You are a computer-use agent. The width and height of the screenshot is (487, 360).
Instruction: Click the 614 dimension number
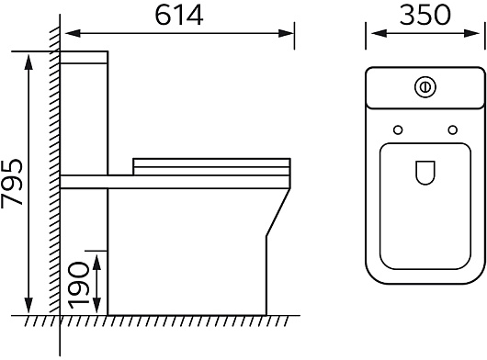click(x=179, y=16)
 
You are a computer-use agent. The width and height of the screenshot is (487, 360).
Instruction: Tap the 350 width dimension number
click(x=425, y=16)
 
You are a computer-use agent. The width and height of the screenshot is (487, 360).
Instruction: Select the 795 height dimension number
click(x=12, y=182)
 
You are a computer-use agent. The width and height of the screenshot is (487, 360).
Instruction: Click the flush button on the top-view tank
click(x=425, y=87)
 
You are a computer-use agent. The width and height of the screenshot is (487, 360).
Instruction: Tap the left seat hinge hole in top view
click(x=398, y=130)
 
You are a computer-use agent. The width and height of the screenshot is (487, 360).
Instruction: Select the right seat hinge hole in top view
click(x=452, y=130)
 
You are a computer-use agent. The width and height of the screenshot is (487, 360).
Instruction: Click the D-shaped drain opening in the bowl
click(x=425, y=173)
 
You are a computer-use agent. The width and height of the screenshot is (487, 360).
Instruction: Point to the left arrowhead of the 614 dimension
click(x=73, y=33)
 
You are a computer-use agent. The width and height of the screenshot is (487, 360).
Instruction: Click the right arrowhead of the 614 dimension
click(x=286, y=33)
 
